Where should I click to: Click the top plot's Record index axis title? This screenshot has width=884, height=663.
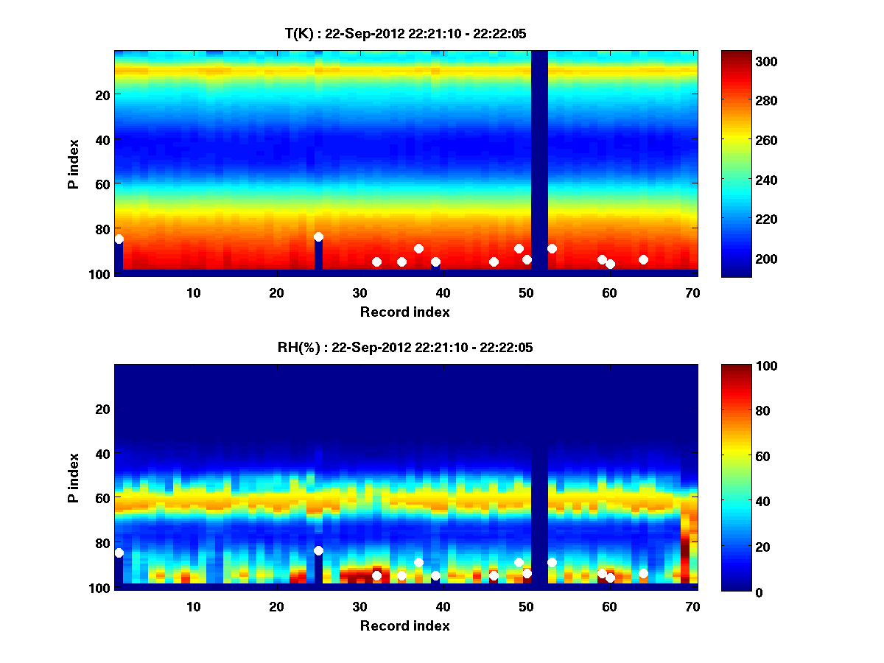click(405, 312)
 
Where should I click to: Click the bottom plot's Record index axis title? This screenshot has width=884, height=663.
click(405, 625)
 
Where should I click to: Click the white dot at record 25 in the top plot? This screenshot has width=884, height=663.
click(318, 236)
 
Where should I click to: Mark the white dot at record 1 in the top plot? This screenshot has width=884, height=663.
click(119, 239)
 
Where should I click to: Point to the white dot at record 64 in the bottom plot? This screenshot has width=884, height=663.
click(643, 573)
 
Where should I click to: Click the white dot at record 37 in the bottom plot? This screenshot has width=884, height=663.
click(418, 562)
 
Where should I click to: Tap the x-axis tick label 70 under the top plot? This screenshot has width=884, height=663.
click(693, 292)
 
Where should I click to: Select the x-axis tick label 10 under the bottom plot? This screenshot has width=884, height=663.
click(194, 606)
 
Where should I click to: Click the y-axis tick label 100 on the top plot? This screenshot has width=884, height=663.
click(100, 274)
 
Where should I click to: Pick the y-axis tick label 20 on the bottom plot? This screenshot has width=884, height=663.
click(103, 408)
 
